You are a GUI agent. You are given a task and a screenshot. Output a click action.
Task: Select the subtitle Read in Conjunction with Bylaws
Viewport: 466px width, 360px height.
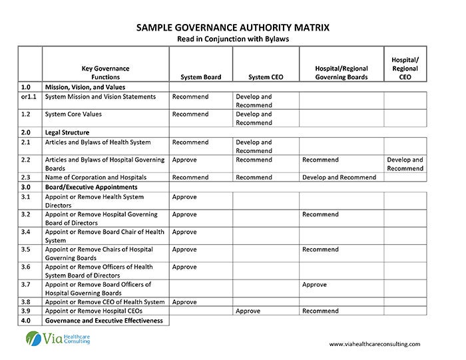[x=232, y=39]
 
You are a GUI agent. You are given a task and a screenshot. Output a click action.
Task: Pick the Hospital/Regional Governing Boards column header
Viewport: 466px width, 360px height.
[x=341, y=73]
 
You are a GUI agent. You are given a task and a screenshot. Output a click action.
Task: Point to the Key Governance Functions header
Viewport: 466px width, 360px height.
[x=105, y=73]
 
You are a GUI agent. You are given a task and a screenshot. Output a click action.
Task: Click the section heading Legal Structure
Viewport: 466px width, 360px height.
[x=67, y=132]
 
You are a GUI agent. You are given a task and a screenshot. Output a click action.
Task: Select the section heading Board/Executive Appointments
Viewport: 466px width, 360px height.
[x=91, y=187]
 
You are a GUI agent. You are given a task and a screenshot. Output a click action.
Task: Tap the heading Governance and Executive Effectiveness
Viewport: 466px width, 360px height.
[x=103, y=320]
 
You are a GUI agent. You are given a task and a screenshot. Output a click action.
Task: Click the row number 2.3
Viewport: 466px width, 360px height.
[x=26, y=178]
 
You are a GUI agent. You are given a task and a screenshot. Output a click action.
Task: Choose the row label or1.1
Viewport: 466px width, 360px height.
[x=29, y=96]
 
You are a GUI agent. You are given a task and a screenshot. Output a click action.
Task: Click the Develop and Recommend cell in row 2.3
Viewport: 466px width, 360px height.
[x=339, y=178]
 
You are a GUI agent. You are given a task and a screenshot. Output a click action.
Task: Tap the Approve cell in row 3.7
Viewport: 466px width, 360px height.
[x=314, y=285]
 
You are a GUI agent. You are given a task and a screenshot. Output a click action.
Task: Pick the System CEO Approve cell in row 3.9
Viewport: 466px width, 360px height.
[x=248, y=311]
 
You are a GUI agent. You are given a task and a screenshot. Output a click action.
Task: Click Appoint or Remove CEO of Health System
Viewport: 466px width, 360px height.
[x=104, y=302]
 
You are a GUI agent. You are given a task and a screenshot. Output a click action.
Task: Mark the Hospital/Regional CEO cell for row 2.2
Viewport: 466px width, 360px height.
[x=405, y=164]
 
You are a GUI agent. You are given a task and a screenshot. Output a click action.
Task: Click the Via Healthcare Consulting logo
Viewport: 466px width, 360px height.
[x=58, y=339]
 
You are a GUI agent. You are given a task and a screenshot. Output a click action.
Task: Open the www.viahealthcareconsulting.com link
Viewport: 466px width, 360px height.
[x=375, y=344]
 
